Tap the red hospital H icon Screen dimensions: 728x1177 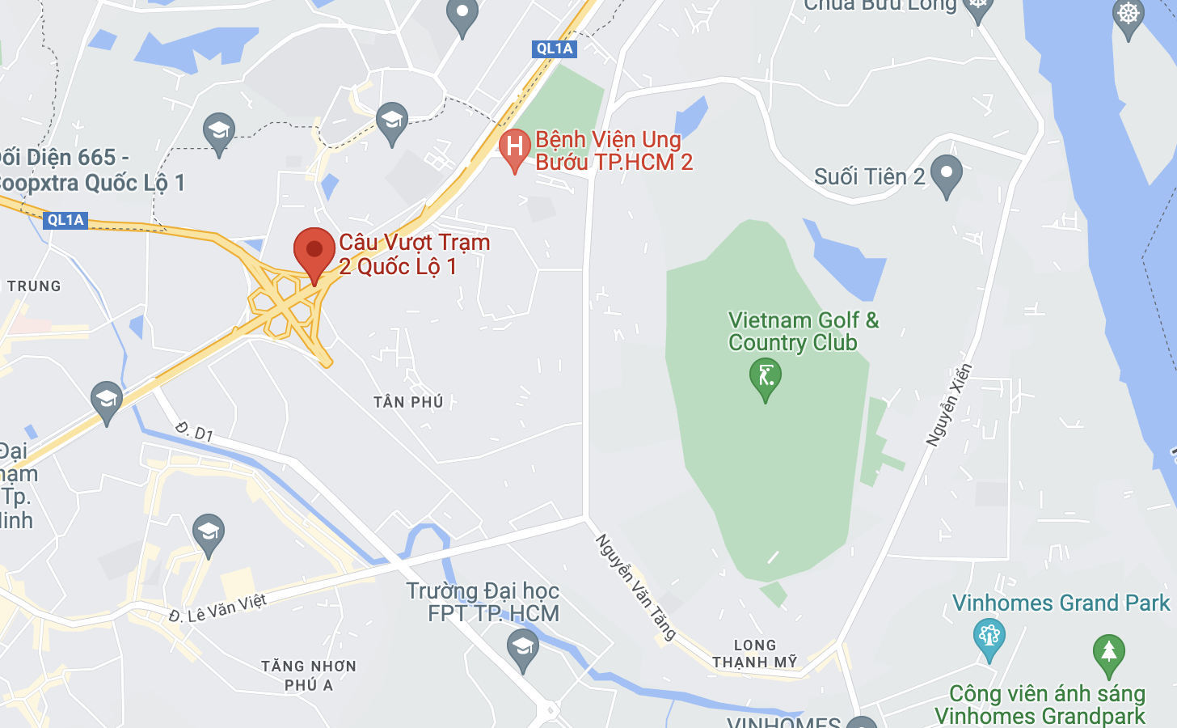[x=514, y=148]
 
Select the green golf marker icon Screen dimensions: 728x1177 [x=765, y=377]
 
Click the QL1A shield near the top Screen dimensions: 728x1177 [x=555, y=49]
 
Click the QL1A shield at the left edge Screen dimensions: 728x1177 [x=65, y=220]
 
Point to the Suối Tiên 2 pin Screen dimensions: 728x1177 [x=946, y=173]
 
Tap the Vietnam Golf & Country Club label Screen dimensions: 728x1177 [x=803, y=332]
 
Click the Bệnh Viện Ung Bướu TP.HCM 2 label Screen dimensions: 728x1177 [x=614, y=151]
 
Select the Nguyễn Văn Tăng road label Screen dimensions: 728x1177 [x=635, y=587]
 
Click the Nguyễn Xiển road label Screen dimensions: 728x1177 [x=949, y=404]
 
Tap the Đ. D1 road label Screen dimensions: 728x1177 [x=194, y=431]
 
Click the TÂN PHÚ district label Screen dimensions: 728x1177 [x=408, y=402]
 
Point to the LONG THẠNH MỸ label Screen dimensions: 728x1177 [x=754, y=654]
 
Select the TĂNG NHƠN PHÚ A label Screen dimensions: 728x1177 [x=309, y=675]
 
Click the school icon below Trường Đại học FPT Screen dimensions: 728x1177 [x=522, y=649]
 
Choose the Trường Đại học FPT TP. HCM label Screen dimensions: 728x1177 [x=483, y=602]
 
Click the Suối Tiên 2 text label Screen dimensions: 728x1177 [x=869, y=177]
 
